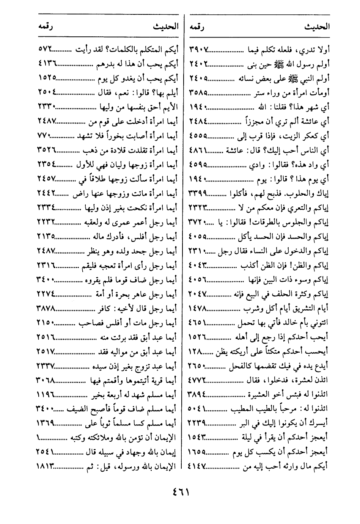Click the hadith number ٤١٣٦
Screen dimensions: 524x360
[x=47, y=63]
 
